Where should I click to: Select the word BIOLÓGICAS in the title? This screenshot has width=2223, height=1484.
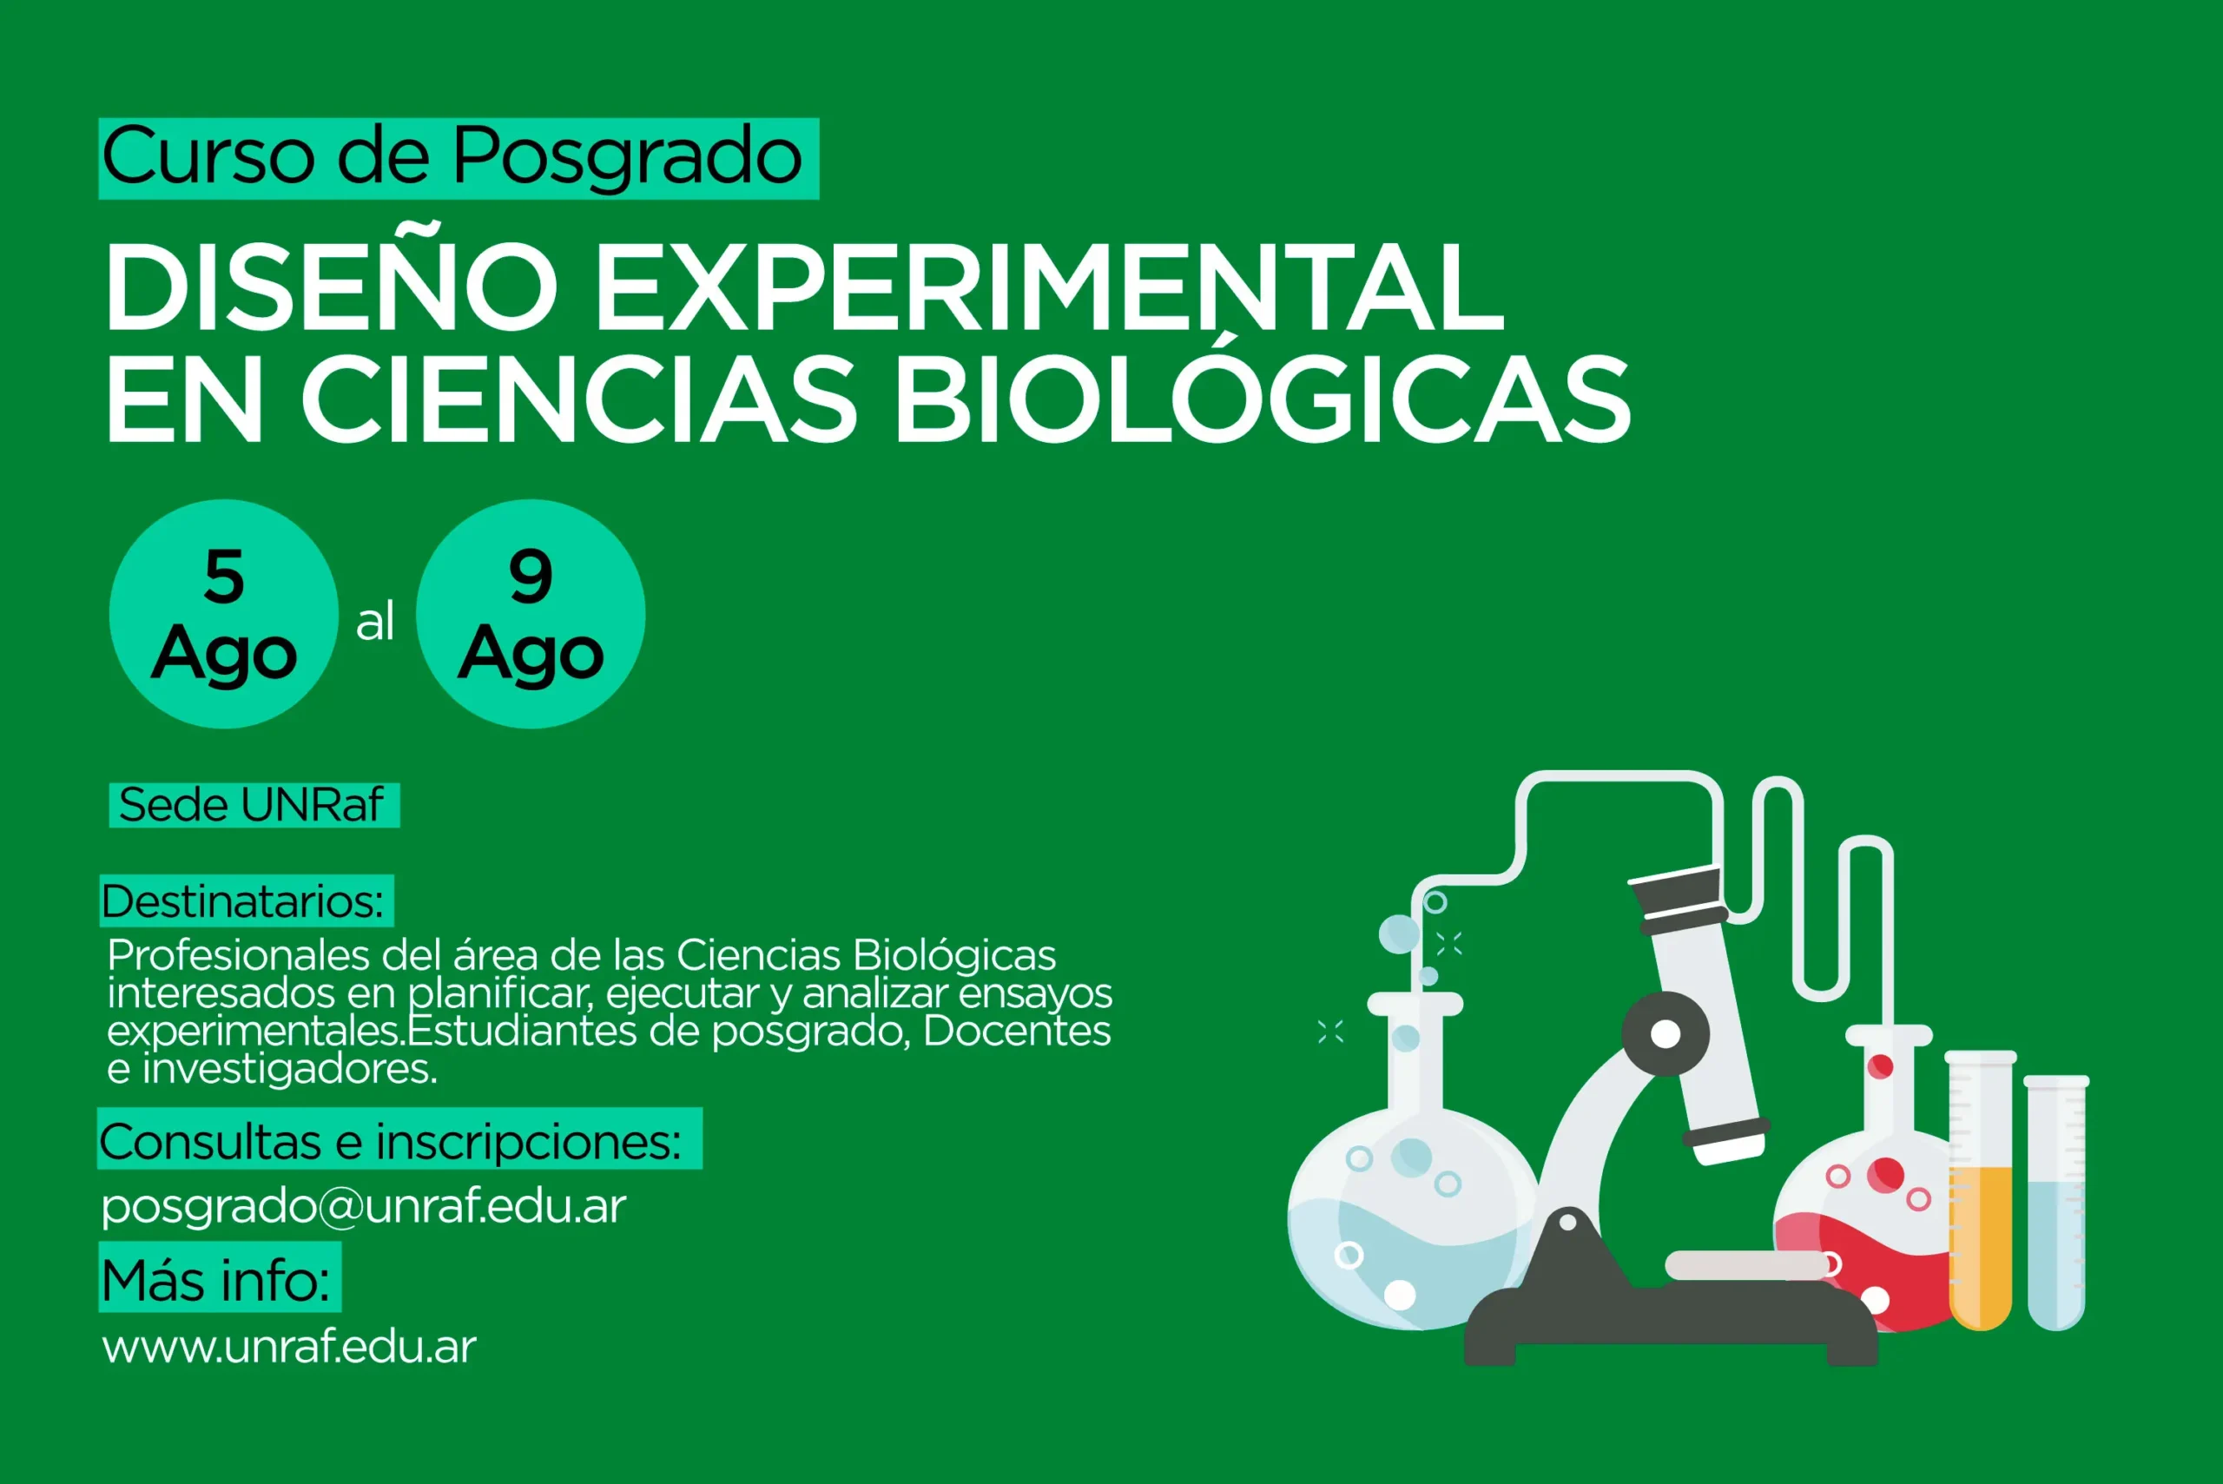click(1263, 399)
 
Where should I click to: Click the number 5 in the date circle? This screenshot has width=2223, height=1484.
click(224, 577)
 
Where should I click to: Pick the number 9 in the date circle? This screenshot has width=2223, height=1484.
click(530, 577)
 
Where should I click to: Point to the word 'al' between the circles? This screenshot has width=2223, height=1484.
click(375, 622)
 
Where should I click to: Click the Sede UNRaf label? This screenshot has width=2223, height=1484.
click(252, 806)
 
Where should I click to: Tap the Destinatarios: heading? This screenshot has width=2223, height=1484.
click(244, 901)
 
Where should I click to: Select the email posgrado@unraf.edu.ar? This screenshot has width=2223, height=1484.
click(363, 1207)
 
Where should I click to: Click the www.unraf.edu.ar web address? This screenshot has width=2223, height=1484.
click(288, 1347)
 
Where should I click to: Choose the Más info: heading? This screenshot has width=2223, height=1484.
click(217, 1281)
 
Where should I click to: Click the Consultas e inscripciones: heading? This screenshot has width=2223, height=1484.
click(391, 1141)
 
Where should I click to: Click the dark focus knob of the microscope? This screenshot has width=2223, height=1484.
click(1665, 1033)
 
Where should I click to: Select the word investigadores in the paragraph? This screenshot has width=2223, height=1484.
click(288, 1070)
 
